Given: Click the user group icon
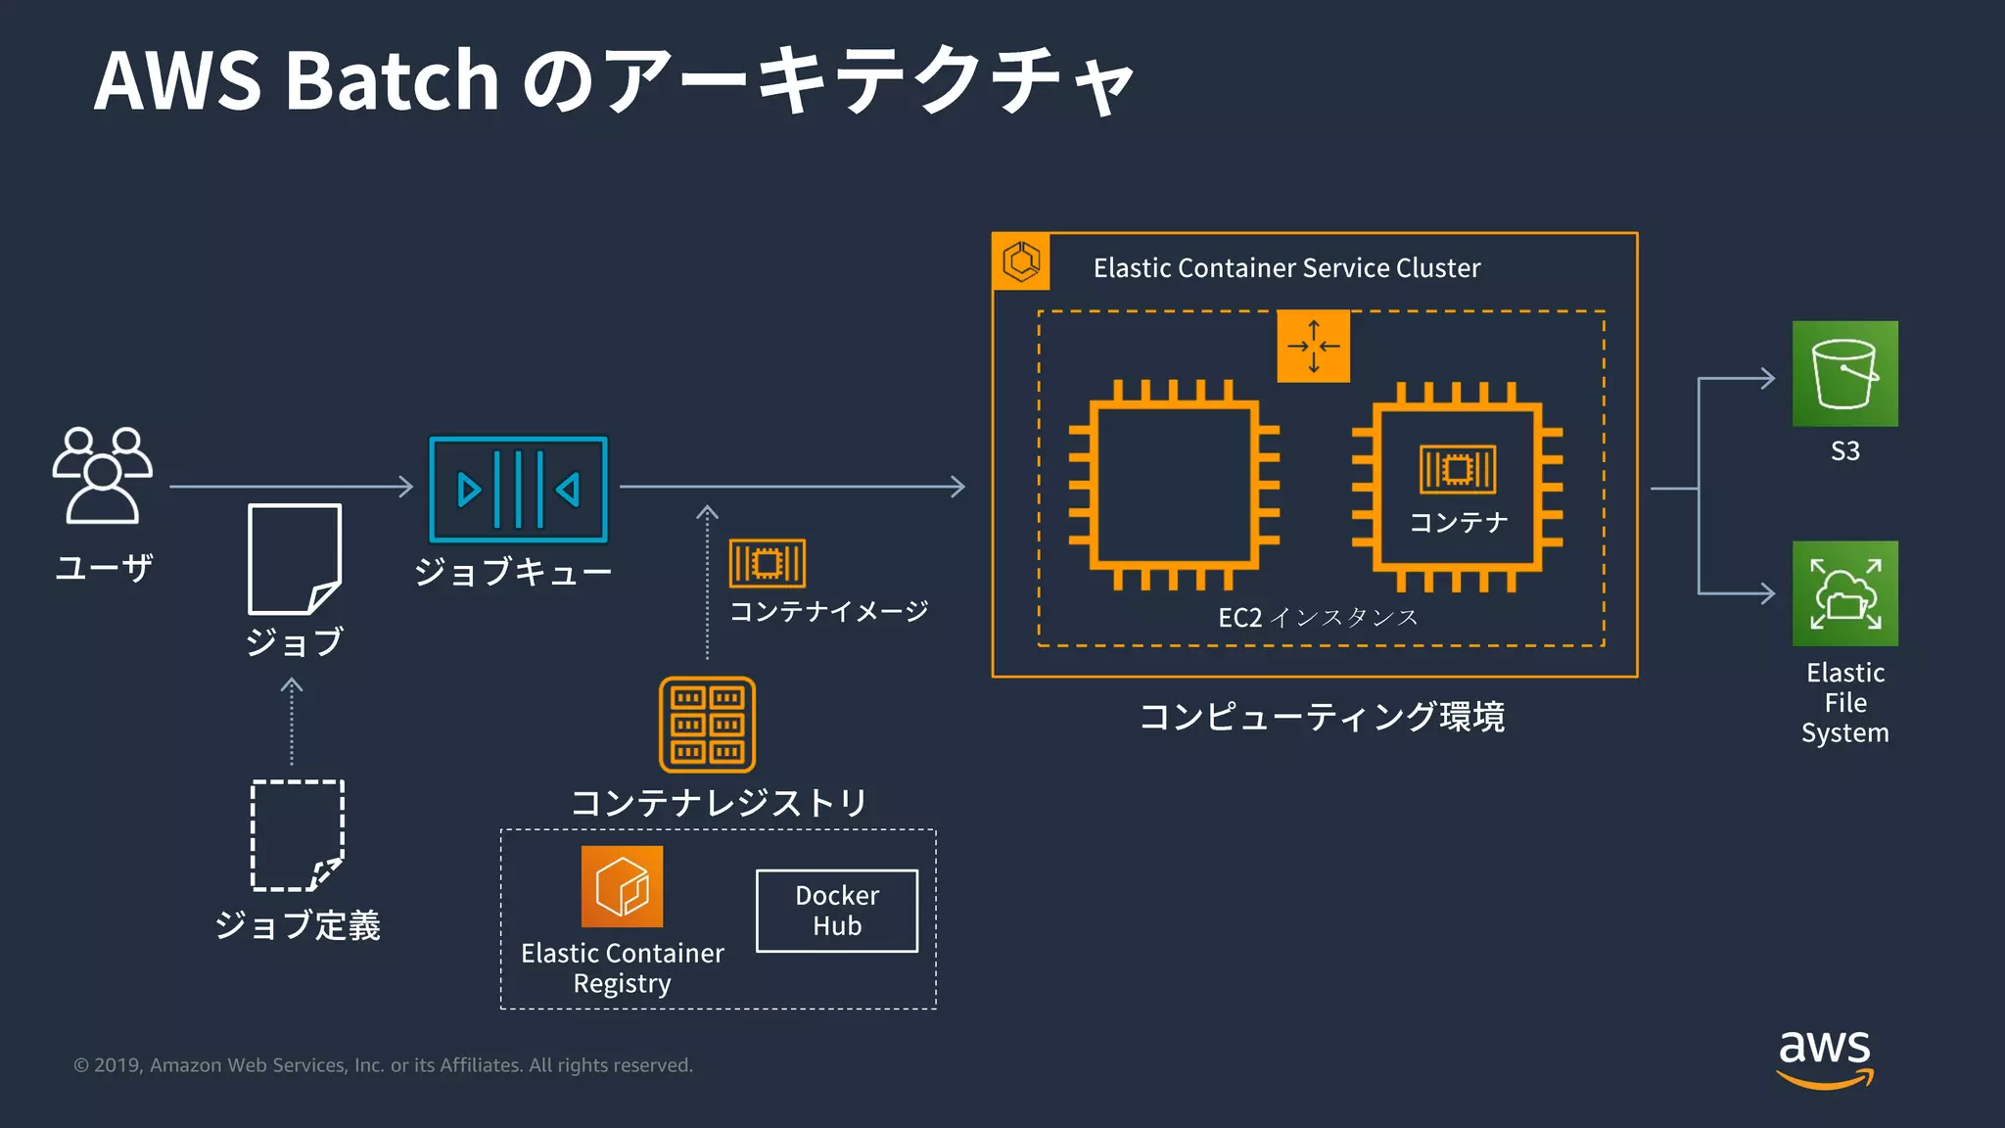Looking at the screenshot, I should click(x=103, y=475).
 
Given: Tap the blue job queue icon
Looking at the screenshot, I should click(x=518, y=489).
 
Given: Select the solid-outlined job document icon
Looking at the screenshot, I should click(x=294, y=558).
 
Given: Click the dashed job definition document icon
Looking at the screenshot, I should click(x=297, y=835).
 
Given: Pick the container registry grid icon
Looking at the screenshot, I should click(x=707, y=725).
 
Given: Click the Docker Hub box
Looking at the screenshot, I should click(x=837, y=911).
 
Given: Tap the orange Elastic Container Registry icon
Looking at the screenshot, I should click(x=622, y=886).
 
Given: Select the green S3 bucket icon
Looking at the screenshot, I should click(x=1844, y=374).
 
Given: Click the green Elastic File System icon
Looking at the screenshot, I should click(x=1844, y=593).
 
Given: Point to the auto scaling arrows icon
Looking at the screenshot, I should click(x=1313, y=346).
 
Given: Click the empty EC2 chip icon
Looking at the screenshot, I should click(x=1174, y=486).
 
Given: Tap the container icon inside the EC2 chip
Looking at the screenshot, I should click(x=1457, y=469).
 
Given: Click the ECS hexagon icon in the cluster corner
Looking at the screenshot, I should click(x=1021, y=261).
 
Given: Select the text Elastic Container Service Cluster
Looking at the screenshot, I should click(x=1286, y=268).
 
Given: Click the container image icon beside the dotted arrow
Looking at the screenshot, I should click(x=767, y=563).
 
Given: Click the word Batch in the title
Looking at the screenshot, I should click(x=392, y=80).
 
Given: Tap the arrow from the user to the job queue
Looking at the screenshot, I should click(x=291, y=486).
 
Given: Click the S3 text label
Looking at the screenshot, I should click(x=1844, y=451).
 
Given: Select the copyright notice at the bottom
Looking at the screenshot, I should click(x=383, y=1065).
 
